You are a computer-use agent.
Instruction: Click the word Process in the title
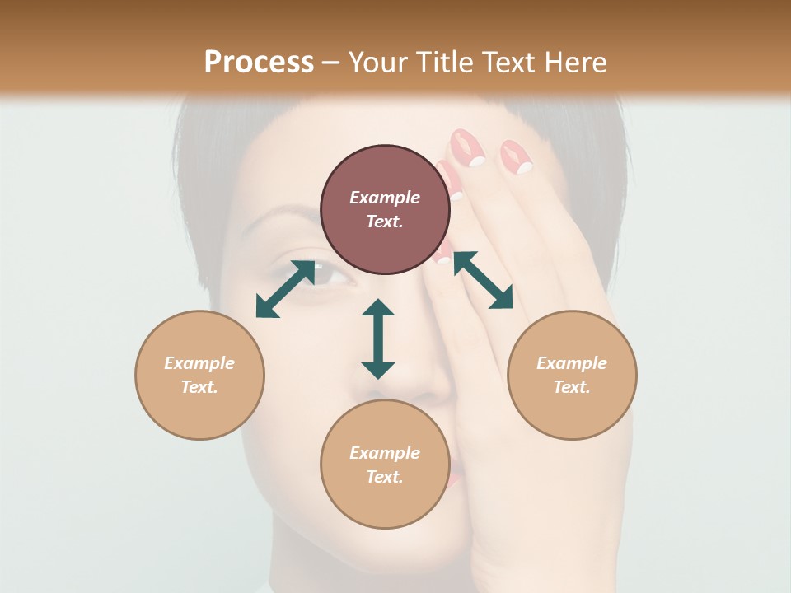[259, 63]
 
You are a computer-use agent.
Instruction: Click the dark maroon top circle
[385, 210]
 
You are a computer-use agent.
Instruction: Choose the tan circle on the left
[199, 375]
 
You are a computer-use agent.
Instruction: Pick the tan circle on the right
[572, 375]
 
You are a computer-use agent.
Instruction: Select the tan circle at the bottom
[385, 464]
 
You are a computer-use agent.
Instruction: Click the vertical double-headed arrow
[378, 339]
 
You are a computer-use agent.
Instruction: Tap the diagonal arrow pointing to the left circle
[285, 289]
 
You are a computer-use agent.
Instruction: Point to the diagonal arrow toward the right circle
[483, 280]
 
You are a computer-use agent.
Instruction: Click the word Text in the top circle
[385, 222]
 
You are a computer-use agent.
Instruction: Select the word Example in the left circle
[199, 363]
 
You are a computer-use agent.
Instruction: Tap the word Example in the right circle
[572, 363]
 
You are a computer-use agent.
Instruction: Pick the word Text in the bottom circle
[385, 477]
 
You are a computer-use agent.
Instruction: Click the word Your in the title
[377, 63]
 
